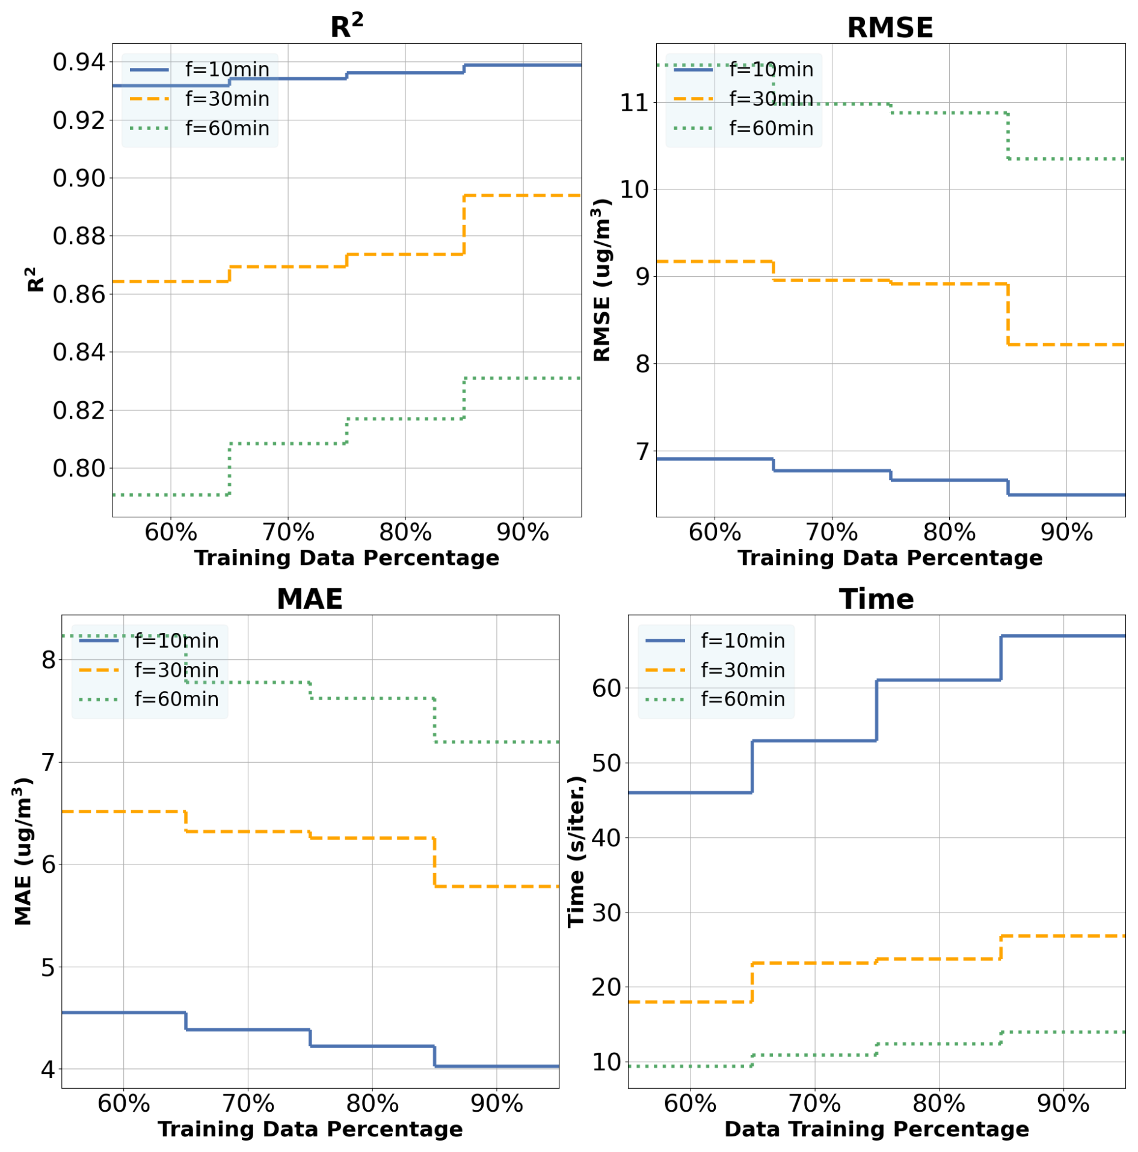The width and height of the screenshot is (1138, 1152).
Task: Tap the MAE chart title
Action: tap(309, 599)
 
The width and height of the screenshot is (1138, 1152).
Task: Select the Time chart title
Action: tap(876, 599)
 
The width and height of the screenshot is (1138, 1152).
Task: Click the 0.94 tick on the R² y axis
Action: tap(79, 62)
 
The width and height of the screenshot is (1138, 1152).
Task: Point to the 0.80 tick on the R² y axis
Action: tap(79, 468)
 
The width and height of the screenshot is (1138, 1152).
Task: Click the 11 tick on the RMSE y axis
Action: tap(635, 103)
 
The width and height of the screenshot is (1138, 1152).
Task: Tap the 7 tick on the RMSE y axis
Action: tap(642, 451)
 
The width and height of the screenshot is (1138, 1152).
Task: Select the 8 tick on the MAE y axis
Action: tap(48, 660)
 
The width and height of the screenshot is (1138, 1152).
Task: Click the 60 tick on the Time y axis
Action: tap(606, 688)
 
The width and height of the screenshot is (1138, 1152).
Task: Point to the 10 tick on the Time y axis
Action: tap(606, 1062)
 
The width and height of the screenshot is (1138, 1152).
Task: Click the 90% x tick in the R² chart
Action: tap(522, 532)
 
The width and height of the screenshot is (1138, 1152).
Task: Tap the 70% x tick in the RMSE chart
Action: tap(831, 532)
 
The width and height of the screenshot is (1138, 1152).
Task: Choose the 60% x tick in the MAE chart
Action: tap(123, 1103)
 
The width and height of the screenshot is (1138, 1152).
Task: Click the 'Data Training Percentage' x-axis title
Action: tap(876, 1129)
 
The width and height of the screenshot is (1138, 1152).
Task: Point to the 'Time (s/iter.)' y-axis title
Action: tap(576, 851)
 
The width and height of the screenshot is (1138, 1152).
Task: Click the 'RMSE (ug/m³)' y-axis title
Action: tap(601, 280)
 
